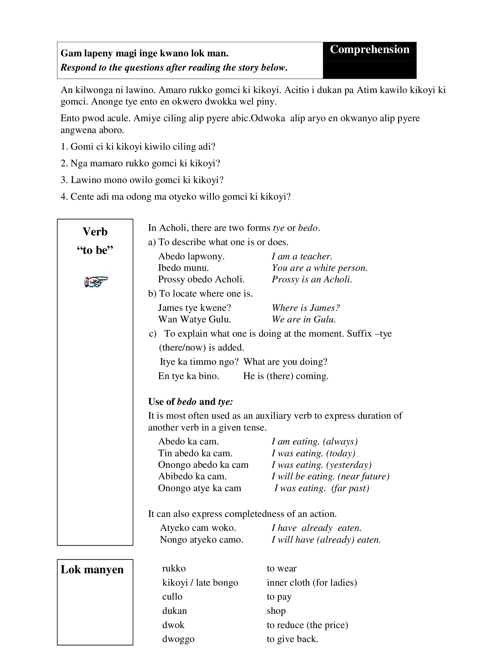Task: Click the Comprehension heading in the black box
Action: click(369, 49)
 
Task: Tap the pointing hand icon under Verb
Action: click(96, 281)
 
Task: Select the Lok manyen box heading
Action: click(92, 569)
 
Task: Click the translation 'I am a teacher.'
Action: click(302, 256)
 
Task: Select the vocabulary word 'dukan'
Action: click(174, 611)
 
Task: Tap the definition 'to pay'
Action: click(279, 596)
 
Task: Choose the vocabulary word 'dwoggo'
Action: click(178, 639)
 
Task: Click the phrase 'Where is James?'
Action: click(306, 308)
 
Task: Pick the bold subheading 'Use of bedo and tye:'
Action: click(191, 402)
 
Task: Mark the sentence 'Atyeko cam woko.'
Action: click(198, 528)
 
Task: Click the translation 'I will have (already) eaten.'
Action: click(326, 540)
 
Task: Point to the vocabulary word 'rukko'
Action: click(174, 568)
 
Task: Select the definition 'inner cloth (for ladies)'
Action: click(312, 582)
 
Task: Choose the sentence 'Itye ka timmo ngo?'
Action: click(199, 362)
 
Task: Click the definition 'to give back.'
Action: click(292, 639)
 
